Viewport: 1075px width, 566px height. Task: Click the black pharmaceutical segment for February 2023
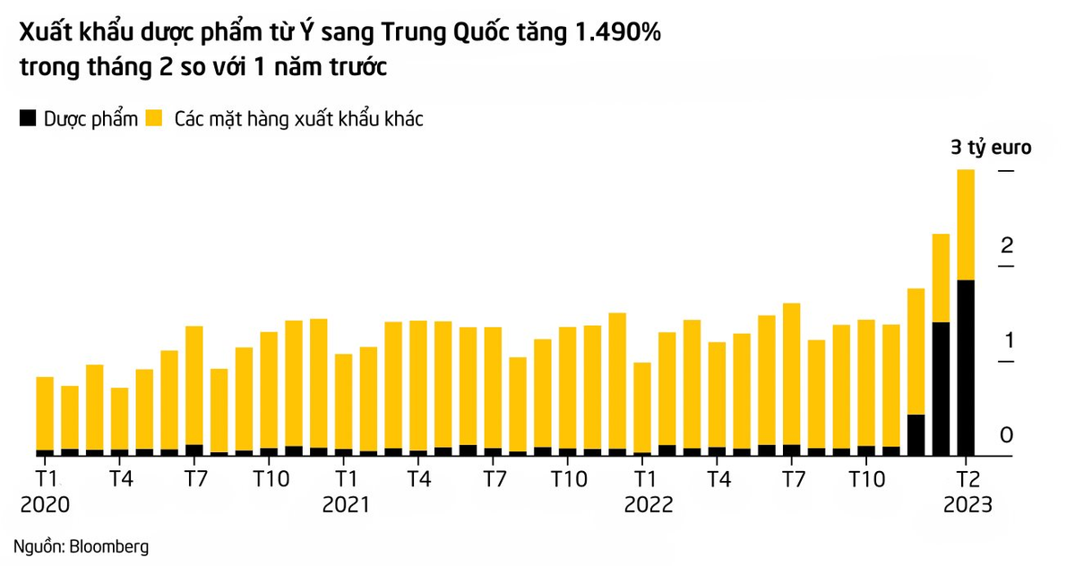coord(966,367)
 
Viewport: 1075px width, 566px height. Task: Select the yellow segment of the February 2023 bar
coord(966,225)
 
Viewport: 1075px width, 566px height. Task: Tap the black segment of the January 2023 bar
coord(941,389)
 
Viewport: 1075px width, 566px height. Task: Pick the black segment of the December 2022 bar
coord(916,434)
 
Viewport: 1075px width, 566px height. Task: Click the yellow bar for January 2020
coord(45,414)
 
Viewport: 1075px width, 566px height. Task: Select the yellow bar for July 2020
coord(193,385)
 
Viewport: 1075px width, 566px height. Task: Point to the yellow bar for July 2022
coord(791,373)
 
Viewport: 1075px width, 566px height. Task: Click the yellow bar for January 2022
coord(642,407)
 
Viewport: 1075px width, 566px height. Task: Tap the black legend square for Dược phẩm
coord(28,118)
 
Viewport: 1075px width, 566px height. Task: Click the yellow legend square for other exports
coord(154,118)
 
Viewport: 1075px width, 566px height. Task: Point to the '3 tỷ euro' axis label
coord(991,147)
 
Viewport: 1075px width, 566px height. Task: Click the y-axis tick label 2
coord(1007,245)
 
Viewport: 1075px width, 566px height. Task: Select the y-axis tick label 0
coord(1006,435)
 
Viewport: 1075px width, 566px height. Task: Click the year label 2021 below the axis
coord(346,504)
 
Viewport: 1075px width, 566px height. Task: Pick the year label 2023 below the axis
coord(967,504)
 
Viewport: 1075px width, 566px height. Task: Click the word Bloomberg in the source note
coord(109,547)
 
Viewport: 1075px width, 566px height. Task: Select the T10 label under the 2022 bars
coord(867,479)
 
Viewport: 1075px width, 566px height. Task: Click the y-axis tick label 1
coord(1009,340)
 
